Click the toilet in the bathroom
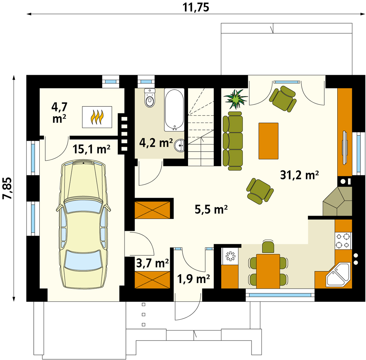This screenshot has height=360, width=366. tap(150, 98)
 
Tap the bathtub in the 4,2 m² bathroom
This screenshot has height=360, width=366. tap(174, 110)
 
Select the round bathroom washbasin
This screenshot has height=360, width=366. tap(179, 145)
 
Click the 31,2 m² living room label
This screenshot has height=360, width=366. tap(299, 175)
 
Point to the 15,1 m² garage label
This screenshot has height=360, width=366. tap(91, 149)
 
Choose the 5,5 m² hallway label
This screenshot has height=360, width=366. tap(211, 209)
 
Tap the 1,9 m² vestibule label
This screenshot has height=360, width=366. tap(194, 279)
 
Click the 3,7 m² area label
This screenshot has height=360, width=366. tap(152, 263)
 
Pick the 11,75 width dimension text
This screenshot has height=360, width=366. tap(196, 7)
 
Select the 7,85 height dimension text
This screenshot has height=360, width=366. tap(7, 188)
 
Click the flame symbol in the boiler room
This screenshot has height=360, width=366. tap(97, 117)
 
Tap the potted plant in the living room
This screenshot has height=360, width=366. tap(236, 99)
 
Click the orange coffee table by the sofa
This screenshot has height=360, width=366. tap(268, 141)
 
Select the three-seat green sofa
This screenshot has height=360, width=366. tap(232, 141)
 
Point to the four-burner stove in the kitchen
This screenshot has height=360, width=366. tap(343, 241)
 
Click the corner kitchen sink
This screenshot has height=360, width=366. tap(338, 275)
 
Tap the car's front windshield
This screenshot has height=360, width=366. tap(83, 206)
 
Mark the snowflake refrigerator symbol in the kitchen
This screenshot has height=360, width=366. tap(230, 256)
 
